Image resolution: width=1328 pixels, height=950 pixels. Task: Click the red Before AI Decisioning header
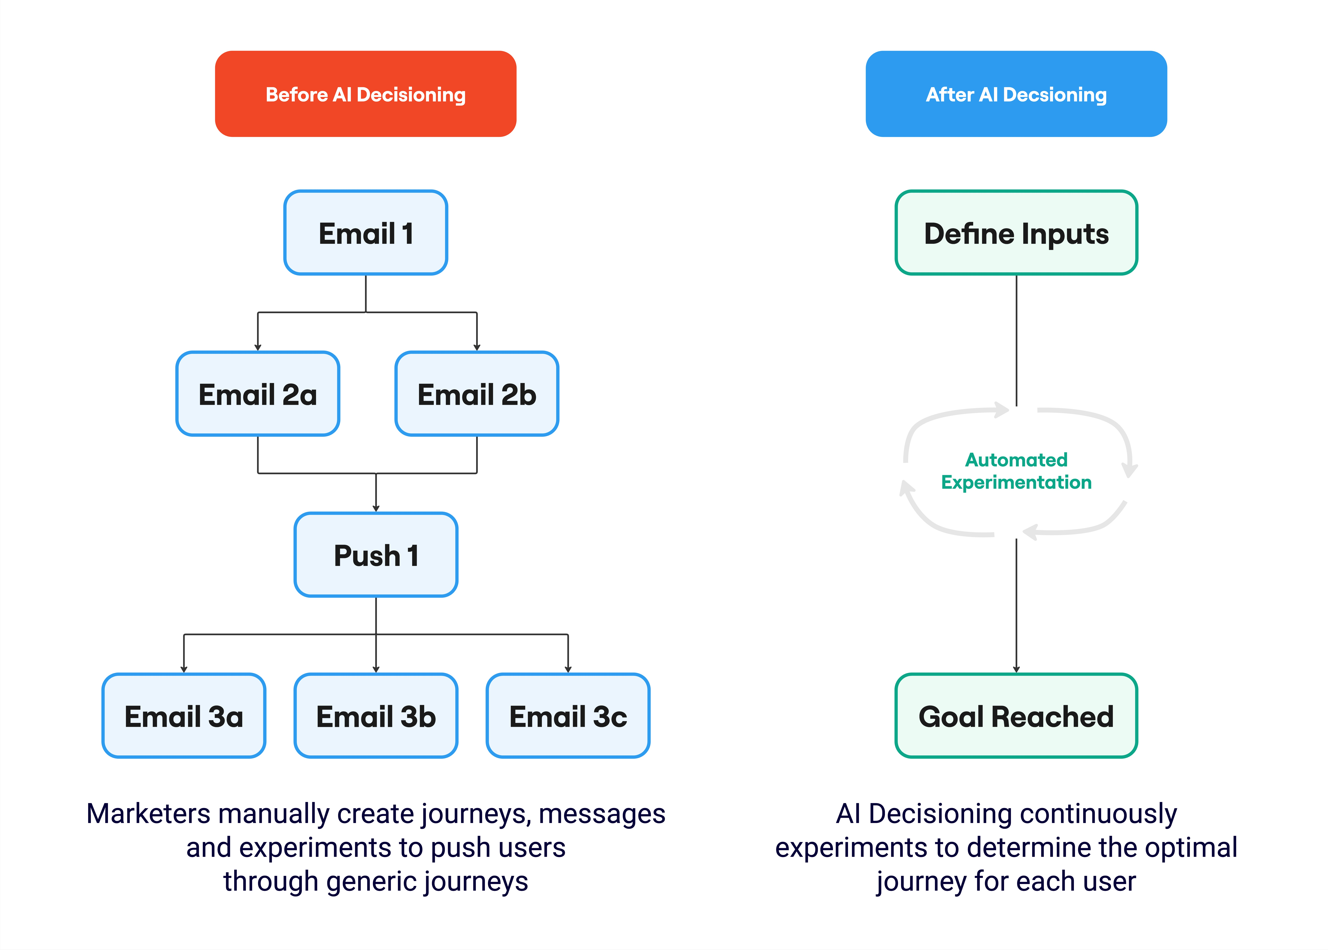pyautogui.click(x=365, y=94)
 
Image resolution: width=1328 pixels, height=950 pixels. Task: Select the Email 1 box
pyautogui.click(x=365, y=233)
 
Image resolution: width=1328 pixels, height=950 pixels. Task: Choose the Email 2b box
pyautogui.click(x=477, y=394)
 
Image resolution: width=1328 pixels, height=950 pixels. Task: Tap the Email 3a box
pyautogui.click(x=184, y=716)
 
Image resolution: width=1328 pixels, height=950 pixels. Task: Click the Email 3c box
pyautogui.click(x=568, y=716)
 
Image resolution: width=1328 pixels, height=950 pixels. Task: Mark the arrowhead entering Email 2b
pyautogui.click(x=477, y=347)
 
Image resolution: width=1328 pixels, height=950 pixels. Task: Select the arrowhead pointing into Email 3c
pyautogui.click(x=568, y=669)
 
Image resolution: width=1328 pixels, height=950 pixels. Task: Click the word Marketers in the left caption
pyautogui.click(x=149, y=814)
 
